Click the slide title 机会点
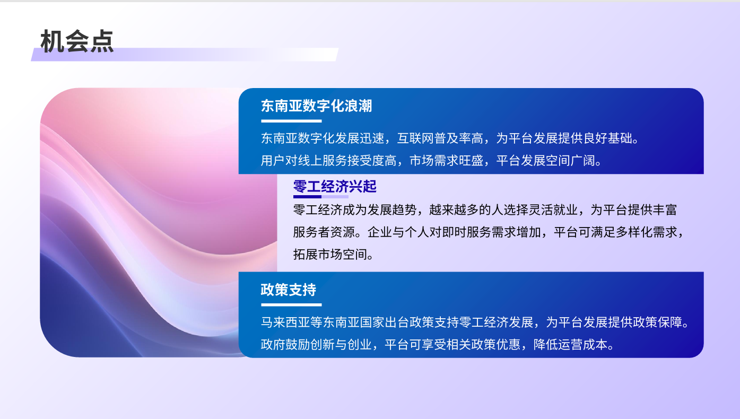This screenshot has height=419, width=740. coord(77,41)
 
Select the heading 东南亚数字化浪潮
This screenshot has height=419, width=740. coord(317,106)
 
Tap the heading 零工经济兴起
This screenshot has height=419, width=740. coord(335,187)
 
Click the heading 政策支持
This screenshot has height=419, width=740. coord(289,290)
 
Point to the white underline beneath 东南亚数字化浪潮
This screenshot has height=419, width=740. coord(291,121)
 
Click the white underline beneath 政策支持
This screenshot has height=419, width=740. coord(291,305)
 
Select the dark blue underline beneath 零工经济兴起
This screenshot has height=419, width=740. coord(307,197)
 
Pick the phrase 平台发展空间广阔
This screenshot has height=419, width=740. coord(545,161)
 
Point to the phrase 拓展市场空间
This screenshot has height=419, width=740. coord(330,254)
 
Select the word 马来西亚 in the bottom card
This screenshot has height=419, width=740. coord(285,322)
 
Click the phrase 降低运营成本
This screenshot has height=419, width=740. coord(570,344)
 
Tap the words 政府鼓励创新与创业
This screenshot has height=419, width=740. coord(316,344)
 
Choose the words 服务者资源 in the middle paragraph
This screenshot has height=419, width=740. coord(324,232)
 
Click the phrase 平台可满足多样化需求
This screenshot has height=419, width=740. coord(615,232)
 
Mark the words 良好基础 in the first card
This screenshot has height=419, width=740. coord(607,138)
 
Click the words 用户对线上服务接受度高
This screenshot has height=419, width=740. coord(329,161)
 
